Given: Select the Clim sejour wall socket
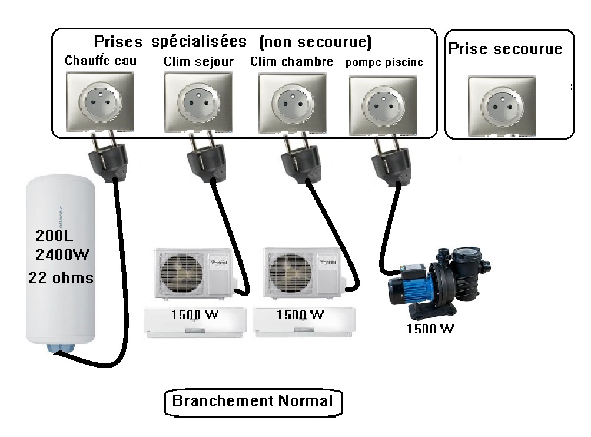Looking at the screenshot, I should tap(194, 101).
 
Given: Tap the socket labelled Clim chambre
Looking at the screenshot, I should tap(291, 101).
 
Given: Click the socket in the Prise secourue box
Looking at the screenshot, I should tap(502, 106).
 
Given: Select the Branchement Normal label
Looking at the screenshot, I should tap(253, 402).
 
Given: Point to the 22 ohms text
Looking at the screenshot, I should tap(61, 277).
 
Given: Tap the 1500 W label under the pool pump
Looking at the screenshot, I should tap(430, 329).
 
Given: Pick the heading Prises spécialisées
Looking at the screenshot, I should tap(170, 42).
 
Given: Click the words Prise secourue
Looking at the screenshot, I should tap(505, 49).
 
